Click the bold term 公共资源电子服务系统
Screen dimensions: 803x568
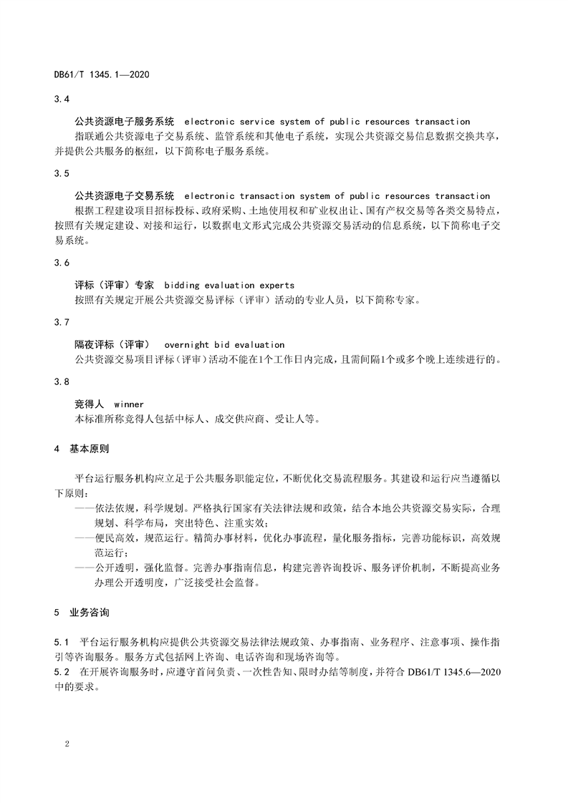tap(124, 122)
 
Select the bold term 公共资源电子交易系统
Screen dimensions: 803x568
tap(124, 195)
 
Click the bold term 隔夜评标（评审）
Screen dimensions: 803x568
tap(113, 344)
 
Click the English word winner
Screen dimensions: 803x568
tap(129, 404)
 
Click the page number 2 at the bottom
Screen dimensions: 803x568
tap(66, 744)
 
